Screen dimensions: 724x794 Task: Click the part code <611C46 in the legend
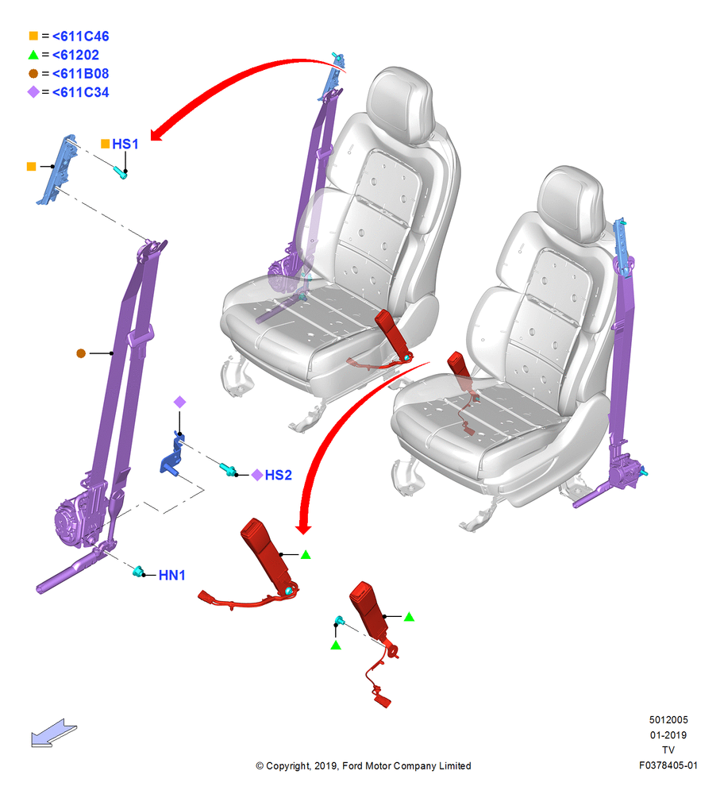[80, 37]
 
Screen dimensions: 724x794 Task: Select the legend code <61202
[75, 56]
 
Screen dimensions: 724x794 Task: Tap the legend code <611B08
[80, 74]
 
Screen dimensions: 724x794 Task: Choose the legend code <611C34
[80, 93]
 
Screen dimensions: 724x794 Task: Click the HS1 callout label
[125, 145]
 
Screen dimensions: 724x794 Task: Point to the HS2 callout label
[279, 475]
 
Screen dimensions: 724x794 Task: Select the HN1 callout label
[171, 575]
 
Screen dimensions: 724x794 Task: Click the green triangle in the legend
[33, 55]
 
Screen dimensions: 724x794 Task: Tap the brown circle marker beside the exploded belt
[81, 353]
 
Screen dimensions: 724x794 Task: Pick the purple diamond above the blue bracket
[179, 402]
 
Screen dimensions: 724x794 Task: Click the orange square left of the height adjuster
[32, 167]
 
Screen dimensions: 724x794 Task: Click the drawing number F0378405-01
[668, 765]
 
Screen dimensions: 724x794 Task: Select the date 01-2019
[668, 734]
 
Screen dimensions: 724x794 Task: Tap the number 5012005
[668, 719]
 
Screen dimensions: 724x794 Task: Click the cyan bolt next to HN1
[137, 572]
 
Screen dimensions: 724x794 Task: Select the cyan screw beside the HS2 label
[227, 469]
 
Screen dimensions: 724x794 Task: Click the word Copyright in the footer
[287, 766]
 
